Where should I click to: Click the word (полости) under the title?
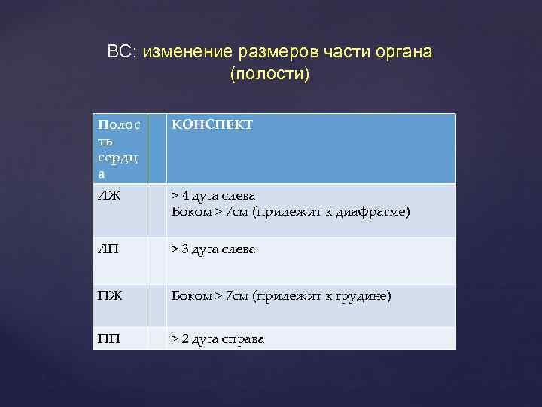(270, 75)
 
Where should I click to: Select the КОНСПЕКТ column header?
(212, 124)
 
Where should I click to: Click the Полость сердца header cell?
(118, 148)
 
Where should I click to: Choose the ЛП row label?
(108, 249)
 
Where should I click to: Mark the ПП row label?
(108, 339)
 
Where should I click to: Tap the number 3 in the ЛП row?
(186, 249)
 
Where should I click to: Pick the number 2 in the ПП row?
(186, 339)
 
